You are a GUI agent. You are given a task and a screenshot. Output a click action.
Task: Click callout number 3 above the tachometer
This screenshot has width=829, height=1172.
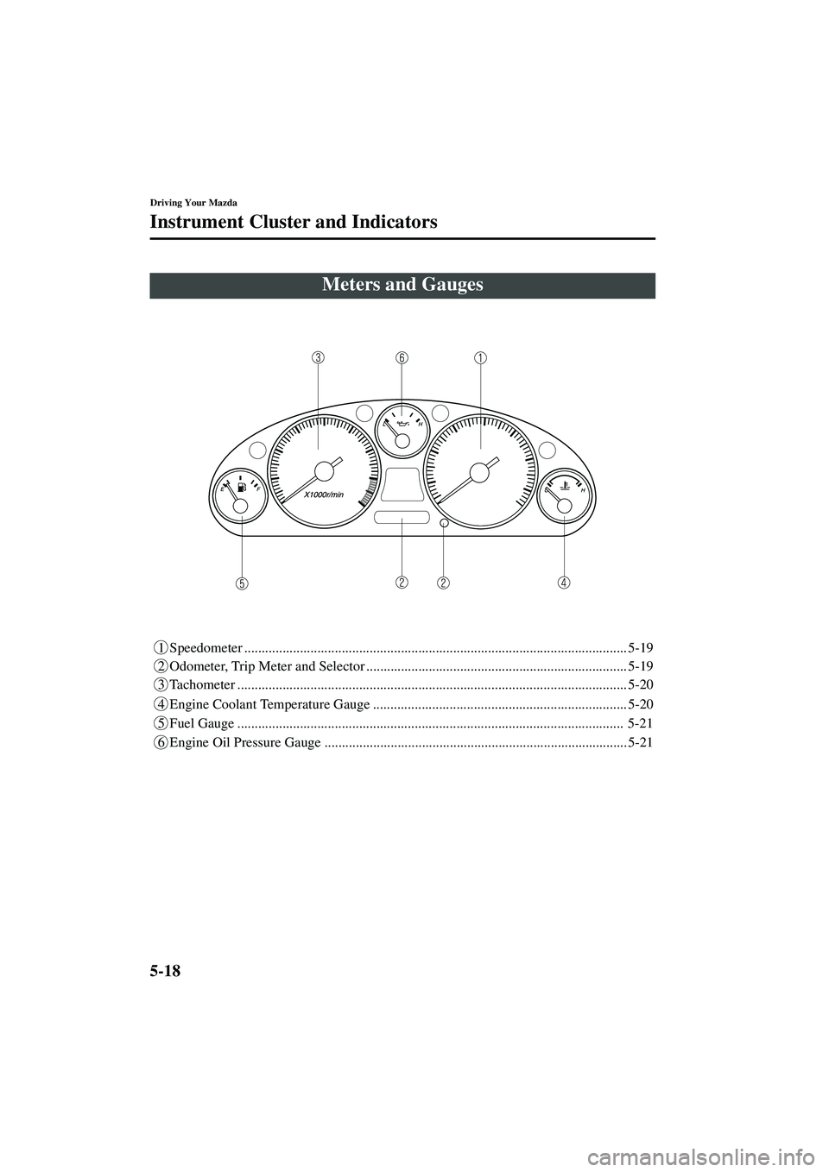click(x=319, y=357)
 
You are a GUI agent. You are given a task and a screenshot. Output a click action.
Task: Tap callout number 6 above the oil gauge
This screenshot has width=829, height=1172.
click(x=402, y=357)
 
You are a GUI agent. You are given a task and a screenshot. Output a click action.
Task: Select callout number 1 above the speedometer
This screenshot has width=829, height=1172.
click(x=480, y=357)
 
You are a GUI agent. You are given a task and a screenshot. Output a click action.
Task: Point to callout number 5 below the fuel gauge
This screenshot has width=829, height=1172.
click(x=244, y=583)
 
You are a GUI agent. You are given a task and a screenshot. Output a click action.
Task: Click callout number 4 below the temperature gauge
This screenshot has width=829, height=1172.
click(x=563, y=583)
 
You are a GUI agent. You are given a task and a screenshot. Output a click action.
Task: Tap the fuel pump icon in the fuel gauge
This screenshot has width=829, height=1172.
click(x=241, y=488)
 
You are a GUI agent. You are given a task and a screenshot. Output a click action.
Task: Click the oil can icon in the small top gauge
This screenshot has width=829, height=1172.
click(x=402, y=424)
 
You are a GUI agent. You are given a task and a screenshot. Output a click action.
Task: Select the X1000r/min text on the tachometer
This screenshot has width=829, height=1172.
click(x=324, y=495)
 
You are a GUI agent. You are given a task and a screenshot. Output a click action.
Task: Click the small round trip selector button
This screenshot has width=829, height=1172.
click(x=444, y=523)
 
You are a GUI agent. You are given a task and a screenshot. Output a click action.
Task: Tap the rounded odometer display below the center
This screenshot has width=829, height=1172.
click(x=402, y=516)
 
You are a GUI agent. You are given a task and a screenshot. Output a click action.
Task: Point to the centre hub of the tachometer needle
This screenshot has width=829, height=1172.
click(x=325, y=470)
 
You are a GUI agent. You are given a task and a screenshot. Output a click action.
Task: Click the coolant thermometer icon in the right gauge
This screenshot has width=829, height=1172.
click(x=564, y=488)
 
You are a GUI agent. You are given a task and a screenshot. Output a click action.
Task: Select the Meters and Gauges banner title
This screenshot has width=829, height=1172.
click(x=402, y=285)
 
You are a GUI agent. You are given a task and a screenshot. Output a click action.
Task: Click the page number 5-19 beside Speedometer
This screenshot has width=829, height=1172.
click(x=641, y=646)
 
